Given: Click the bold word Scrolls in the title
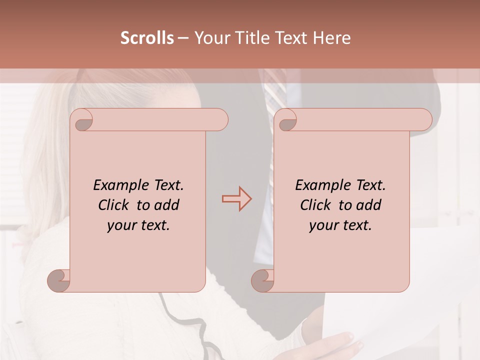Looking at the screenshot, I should click(147, 37).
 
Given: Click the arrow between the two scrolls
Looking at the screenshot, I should click(236, 199).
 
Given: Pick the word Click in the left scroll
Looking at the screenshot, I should click(112, 205).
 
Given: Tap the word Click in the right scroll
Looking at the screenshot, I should click(314, 205).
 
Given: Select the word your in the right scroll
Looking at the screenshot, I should click(323, 225).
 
